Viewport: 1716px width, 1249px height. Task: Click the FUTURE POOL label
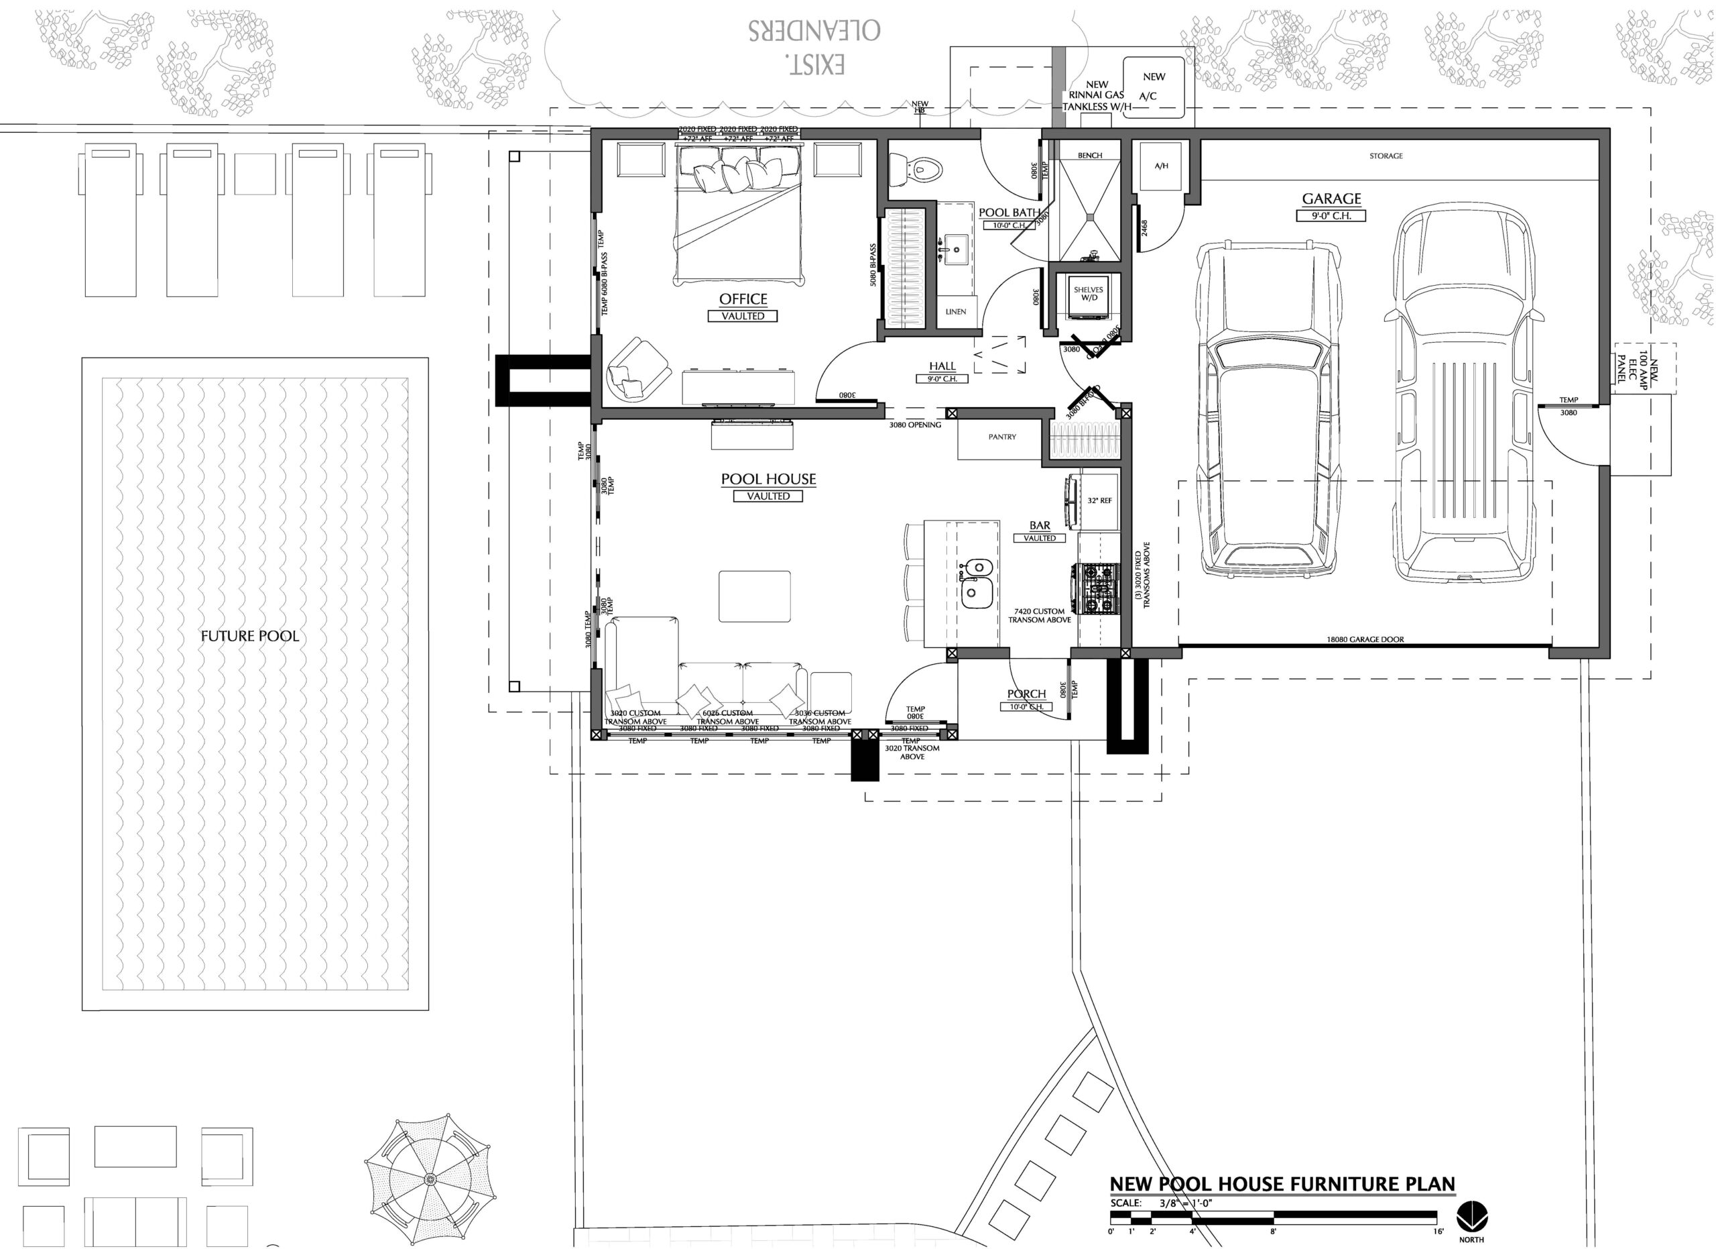pyautogui.click(x=249, y=637)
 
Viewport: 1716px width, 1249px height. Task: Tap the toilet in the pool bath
pyautogui.click(x=918, y=169)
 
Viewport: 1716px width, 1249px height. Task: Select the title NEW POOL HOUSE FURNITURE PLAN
pyautogui.click(x=1282, y=1184)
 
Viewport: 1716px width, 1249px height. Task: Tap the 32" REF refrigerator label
pyautogui.click(x=1099, y=501)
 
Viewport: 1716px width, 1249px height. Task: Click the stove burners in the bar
pyautogui.click(x=1097, y=588)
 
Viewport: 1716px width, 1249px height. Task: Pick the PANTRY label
pyautogui.click(x=1001, y=437)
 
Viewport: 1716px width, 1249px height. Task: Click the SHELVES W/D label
pyautogui.click(x=1088, y=294)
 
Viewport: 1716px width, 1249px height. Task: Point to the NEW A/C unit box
pyautogui.click(x=1153, y=87)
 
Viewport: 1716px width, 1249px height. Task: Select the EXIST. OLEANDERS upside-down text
pyautogui.click(x=814, y=47)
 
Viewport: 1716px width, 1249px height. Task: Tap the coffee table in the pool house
pyautogui.click(x=754, y=596)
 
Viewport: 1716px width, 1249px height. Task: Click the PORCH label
pyautogui.click(x=1026, y=694)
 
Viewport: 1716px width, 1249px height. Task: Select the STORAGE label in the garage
pyautogui.click(x=1386, y=156)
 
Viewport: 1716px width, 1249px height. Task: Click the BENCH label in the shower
pyautogui.click(x=1089, y=156)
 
